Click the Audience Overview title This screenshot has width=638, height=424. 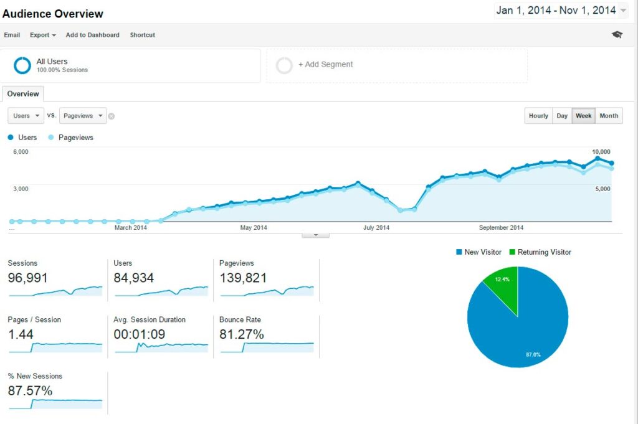(x=53, y=14)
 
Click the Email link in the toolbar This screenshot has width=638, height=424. (x=12, y=35)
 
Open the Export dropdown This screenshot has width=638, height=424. (x=43, y=35)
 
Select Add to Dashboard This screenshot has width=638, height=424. (x=92, y=35)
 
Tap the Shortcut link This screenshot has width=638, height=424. (x=143, y=35)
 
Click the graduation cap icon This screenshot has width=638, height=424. (x=617, y=35)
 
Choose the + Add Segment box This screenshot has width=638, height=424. (x=396, y=65)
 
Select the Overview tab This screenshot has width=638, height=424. (x=23, y=94)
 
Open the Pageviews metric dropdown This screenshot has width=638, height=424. (x=83, y=116)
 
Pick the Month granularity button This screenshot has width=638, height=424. (x=609, y=116)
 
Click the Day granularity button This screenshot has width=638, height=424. (x=562, y=116)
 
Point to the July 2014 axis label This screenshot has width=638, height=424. (x=376, y=228)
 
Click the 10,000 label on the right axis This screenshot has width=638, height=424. (x=601, y=152)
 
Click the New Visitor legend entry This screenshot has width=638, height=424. (x=478, y=252)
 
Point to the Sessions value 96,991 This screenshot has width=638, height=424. (x=27, y=278)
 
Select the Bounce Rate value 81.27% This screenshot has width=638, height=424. (x=242, y=334)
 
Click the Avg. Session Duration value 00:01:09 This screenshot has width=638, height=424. (x=140, y=334)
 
